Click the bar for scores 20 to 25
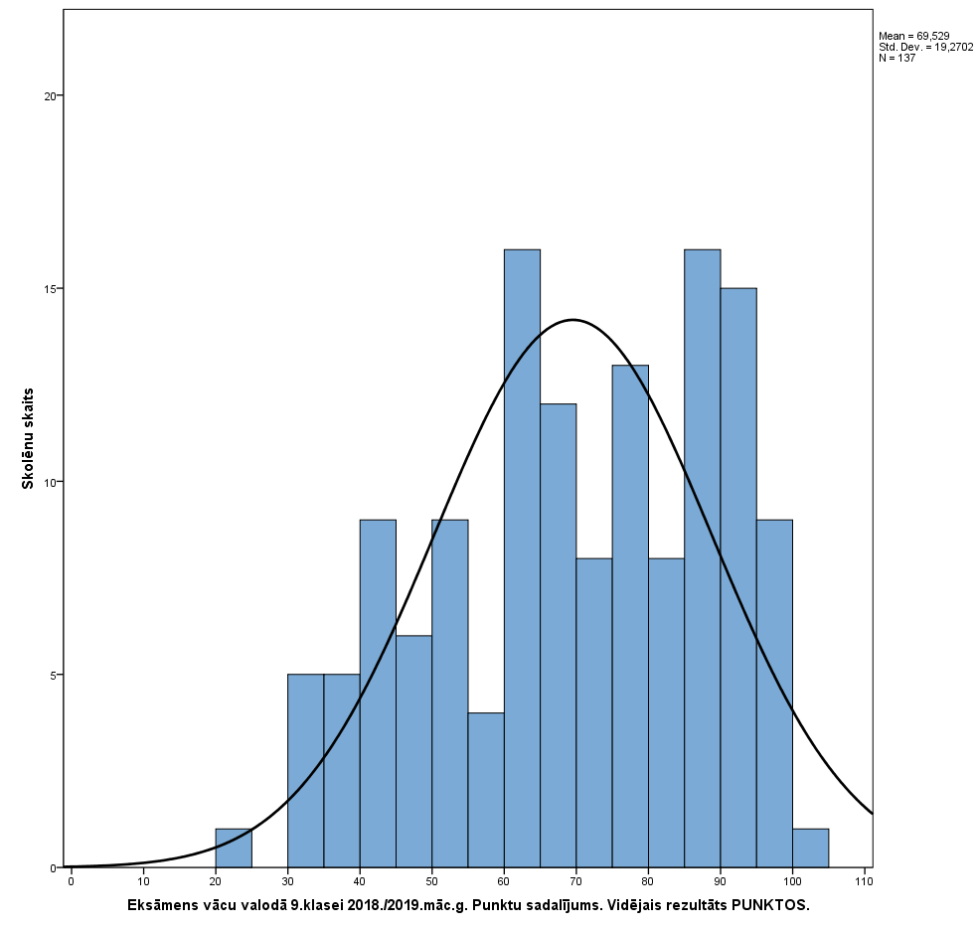point(234,849)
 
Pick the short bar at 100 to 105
point(810,849)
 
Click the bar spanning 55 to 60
point(486,790)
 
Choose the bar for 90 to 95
point(738,577)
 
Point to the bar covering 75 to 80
point(630,616)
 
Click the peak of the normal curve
point(573,320)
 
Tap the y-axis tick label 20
point(51,96)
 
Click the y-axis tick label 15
point(51,289)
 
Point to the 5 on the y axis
point(54,675)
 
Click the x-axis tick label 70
point(575,881)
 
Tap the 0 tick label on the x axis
point(71,881)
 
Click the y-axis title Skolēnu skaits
point(29,438)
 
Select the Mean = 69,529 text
point(913,36)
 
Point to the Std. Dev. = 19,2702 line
point(925,47)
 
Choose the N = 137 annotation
point(896,58)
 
